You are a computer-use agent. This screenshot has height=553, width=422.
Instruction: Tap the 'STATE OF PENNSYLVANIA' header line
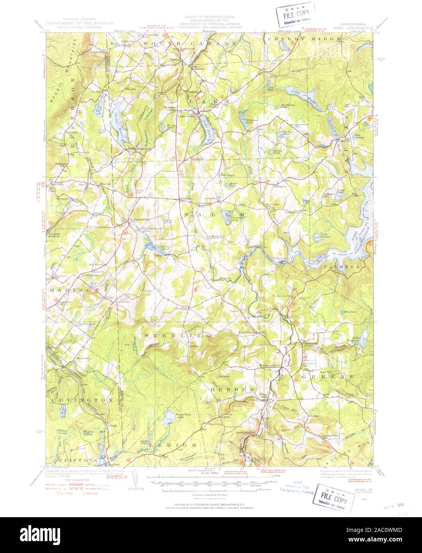[209, 18]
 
